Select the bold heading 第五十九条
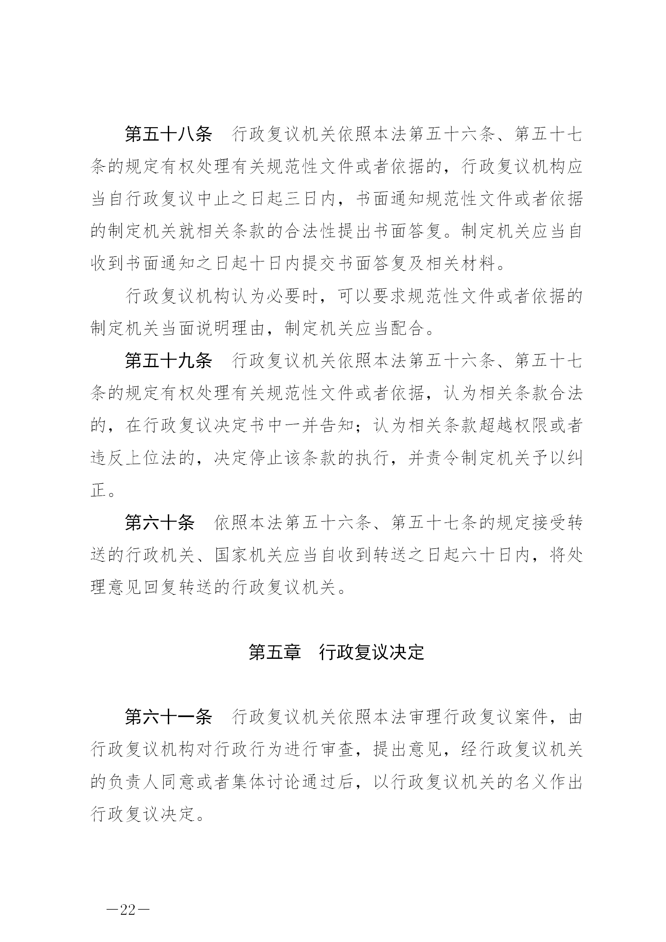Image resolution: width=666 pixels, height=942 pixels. (x=168, y=361)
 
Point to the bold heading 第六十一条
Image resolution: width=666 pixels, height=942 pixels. (x=168, y=718)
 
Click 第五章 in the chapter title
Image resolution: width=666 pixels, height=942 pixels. (x=275, y=653)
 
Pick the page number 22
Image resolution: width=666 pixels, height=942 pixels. (x=128, y=910)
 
